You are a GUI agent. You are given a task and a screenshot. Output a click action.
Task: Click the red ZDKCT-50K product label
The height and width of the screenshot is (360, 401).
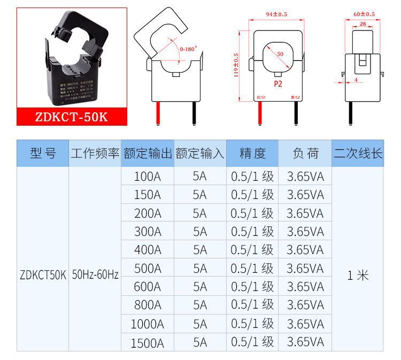click(72, 117)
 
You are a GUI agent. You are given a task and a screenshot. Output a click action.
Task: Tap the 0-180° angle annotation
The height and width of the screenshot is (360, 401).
click(188, 49)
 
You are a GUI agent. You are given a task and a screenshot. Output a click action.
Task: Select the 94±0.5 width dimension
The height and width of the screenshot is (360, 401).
click(276, 14)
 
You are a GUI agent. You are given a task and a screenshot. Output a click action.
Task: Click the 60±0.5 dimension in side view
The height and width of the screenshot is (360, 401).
click(364, 14)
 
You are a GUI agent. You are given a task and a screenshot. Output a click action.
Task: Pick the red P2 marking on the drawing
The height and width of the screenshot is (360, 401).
click(277, 85)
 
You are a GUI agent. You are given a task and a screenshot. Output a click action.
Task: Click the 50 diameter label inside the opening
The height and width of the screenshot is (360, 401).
click(280, 54)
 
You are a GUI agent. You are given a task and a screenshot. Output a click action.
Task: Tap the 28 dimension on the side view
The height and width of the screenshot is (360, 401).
click(363, 24)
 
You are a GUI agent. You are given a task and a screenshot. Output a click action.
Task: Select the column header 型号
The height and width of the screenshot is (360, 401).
click(43, 154)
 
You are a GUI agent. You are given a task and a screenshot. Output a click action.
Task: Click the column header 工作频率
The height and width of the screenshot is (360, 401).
click(95, 154)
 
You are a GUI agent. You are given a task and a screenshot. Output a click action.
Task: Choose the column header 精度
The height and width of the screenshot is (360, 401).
click(252, 154)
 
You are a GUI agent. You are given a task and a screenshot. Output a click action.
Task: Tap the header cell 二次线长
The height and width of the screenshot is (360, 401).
click(358, 154)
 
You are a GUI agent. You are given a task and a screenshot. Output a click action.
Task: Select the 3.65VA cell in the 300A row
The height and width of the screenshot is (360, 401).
click(305, 232)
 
